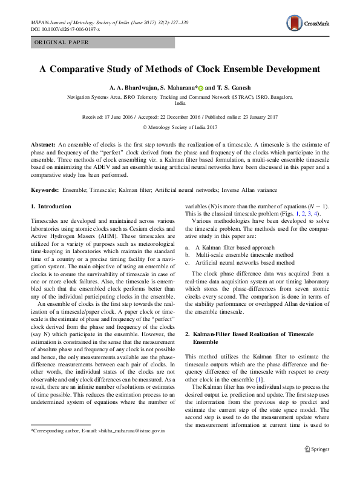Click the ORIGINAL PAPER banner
61,42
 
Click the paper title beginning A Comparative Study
180,69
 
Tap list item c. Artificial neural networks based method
240,263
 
